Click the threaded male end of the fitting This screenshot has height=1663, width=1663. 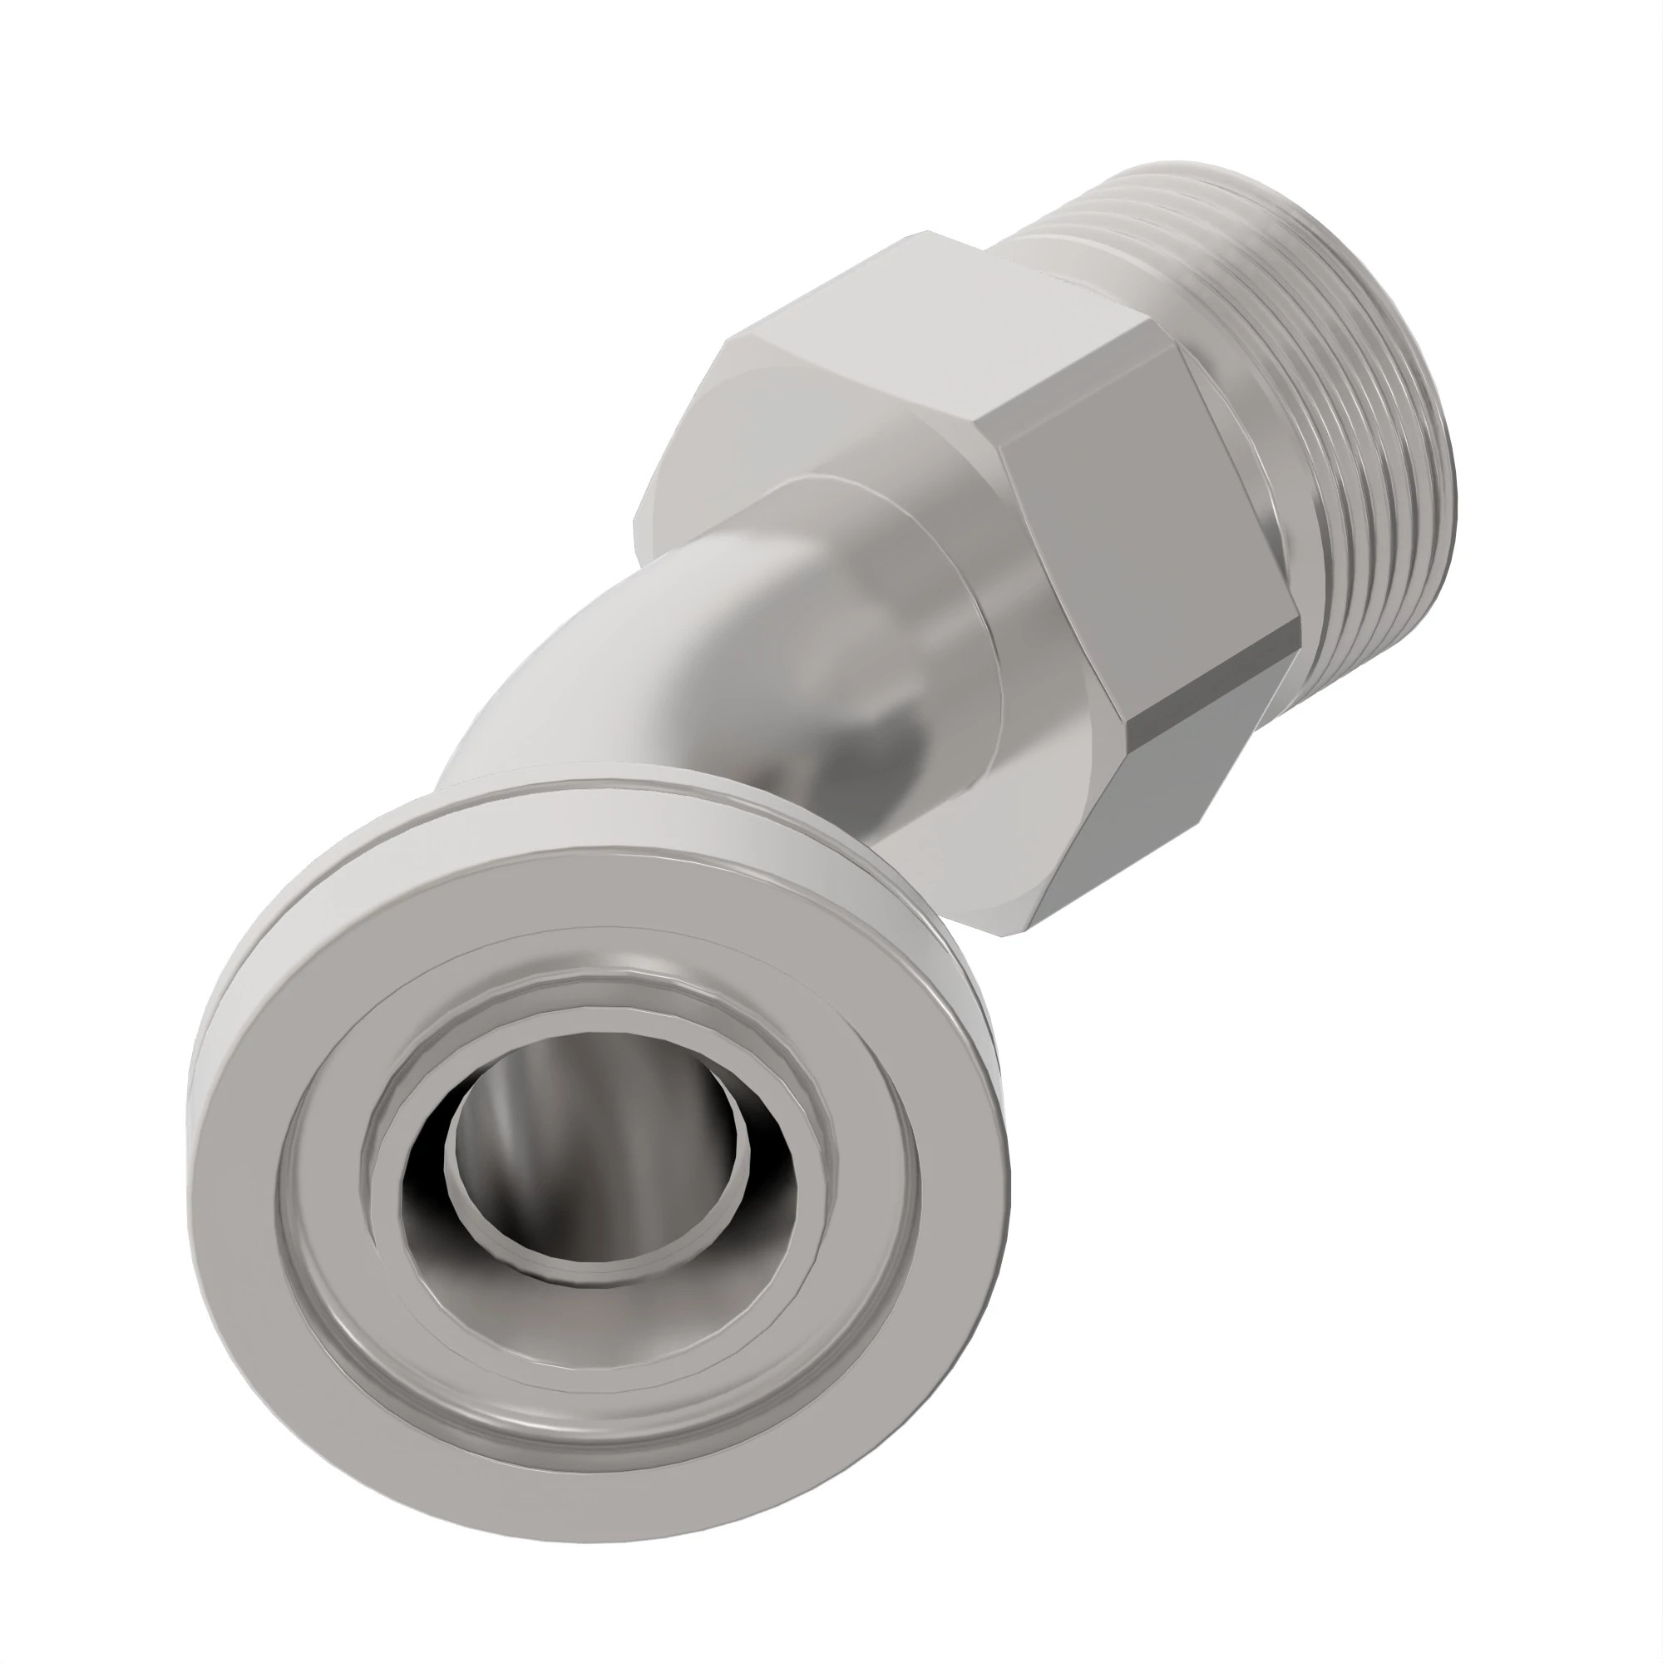(1343, 431)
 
